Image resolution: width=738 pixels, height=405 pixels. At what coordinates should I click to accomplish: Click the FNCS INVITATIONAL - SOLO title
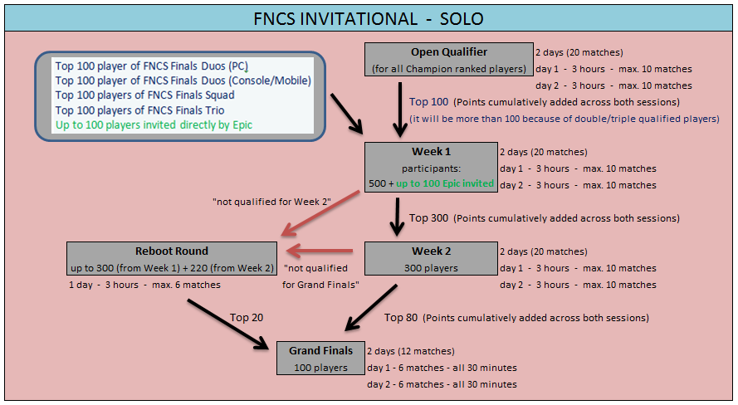tap(369, 17)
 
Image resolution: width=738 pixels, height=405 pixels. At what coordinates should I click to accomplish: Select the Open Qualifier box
tap(448, 60)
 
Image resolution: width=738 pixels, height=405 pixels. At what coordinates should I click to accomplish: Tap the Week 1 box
tap(432, 168)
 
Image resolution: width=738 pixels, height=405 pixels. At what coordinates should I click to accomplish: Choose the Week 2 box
tap(432, 259)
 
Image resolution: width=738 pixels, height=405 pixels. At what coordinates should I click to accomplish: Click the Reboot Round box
tap(171, 259)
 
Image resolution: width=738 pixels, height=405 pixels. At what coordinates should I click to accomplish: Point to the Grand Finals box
tap(320, 358)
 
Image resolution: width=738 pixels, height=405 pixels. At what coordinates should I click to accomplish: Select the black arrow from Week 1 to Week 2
tap(394, 217)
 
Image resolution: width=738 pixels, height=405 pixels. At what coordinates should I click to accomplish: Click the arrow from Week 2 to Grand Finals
tap(372, 308)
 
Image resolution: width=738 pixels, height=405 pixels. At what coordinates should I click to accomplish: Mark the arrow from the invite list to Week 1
tap(348, 115)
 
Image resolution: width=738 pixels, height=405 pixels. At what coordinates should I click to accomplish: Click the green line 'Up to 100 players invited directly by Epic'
tap(154, 125)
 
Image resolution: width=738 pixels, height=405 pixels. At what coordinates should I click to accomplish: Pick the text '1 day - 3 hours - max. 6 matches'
tap(144, 285)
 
